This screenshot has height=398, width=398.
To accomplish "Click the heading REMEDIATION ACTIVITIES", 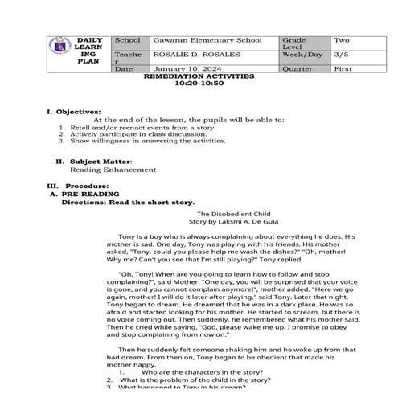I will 198,76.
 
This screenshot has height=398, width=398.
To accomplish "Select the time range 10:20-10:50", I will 198,84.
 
